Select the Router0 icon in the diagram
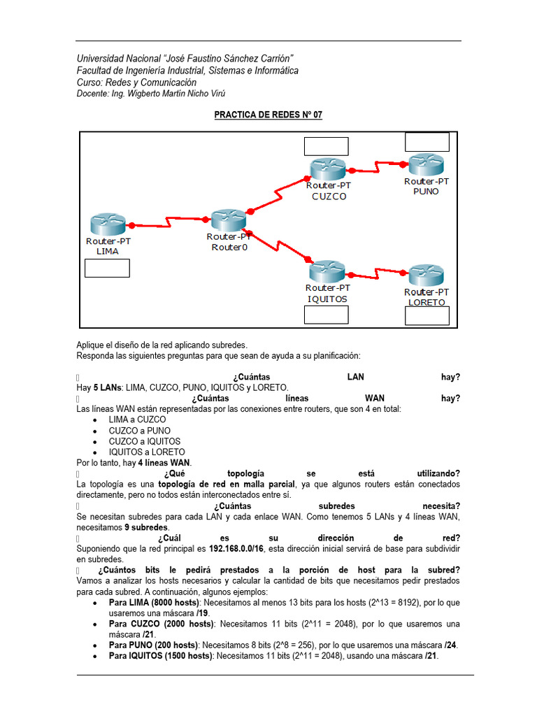tap(227, 220)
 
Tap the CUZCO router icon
tap(328, 169)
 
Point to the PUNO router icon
tap(426, 164)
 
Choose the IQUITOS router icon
tap(328, 271)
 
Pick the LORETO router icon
tap(426, 275)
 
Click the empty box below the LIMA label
tap(107, 268)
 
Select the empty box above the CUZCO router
tap(326, 146)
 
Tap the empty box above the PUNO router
tap(427, 142)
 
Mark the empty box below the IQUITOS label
tap(326, 315)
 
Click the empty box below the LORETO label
tap(427, 316)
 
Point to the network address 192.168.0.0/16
tap(242, 549)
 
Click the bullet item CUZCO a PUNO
tap(139, 431)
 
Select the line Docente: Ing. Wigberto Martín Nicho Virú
tap(151, 94)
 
